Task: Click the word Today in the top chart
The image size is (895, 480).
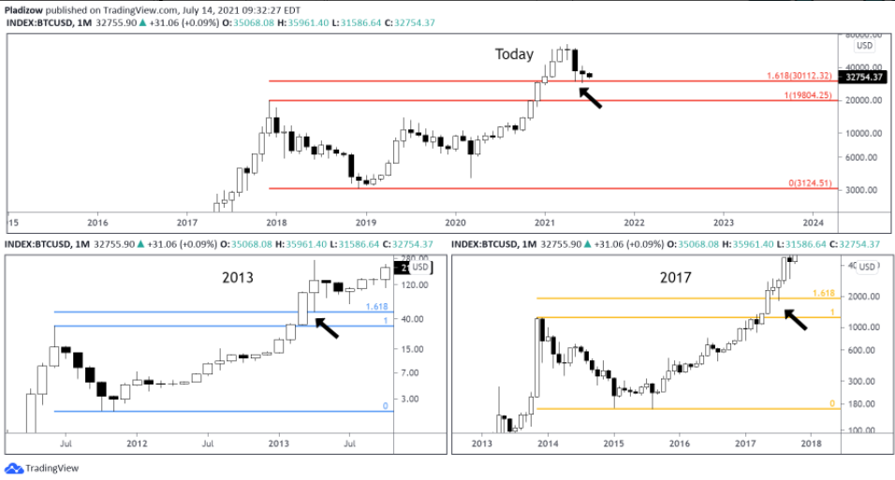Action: (514, 54)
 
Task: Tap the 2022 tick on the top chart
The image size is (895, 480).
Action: (634, 223)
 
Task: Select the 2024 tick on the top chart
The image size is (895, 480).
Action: (813, 223)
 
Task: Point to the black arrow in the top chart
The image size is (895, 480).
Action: (591, 97)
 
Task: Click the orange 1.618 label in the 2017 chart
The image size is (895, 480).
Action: (824, 293)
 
